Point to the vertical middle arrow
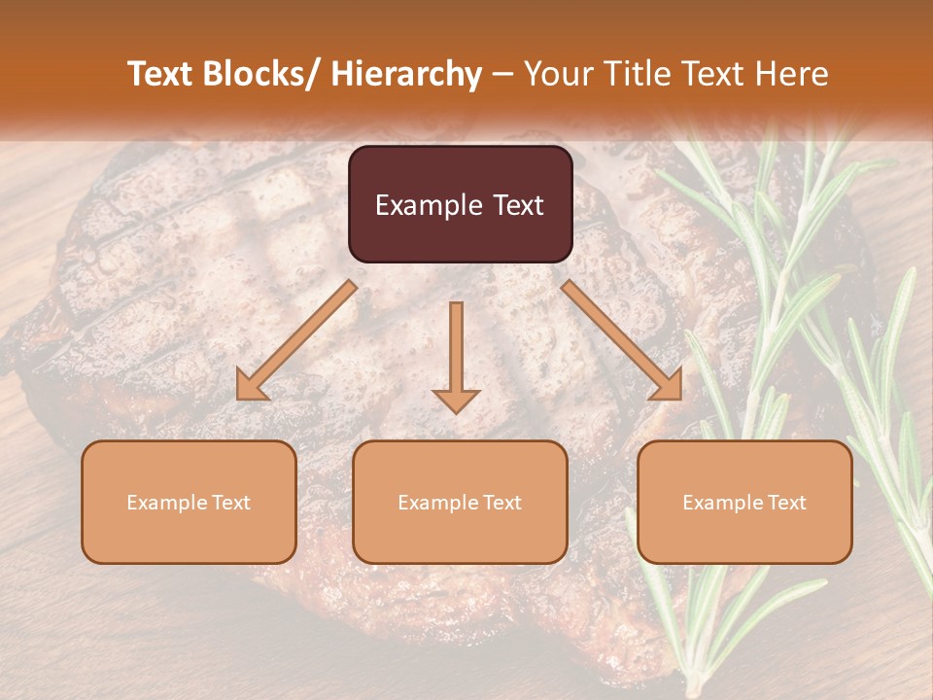(456, 355)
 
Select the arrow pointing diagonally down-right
(622, 340)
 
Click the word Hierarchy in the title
(406, 74)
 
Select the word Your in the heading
(556, 74)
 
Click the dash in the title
(501, 74)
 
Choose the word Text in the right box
(785, 503)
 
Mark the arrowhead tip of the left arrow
(239, 398)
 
